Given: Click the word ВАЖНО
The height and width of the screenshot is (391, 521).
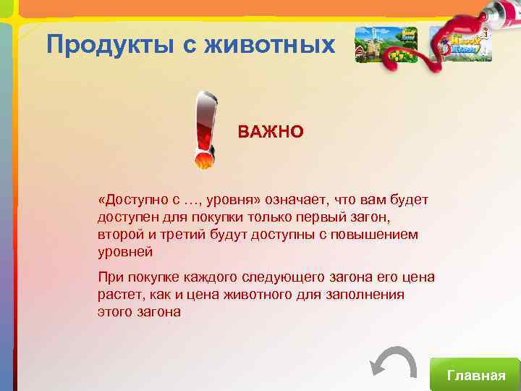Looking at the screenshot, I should click(x=271, y=133).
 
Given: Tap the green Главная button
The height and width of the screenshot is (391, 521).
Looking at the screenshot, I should click(x=475, y=374).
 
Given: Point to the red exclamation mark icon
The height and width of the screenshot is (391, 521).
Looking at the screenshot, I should click(x=205, y=129).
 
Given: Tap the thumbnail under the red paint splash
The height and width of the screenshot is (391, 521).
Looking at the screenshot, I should click(x=460, y=45).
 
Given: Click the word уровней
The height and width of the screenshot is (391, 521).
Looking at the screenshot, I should click(x=125, y=253).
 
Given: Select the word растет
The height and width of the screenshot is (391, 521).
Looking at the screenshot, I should click(x=117, y=295).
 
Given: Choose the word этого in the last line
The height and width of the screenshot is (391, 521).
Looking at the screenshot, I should click(x=114, y=312).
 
